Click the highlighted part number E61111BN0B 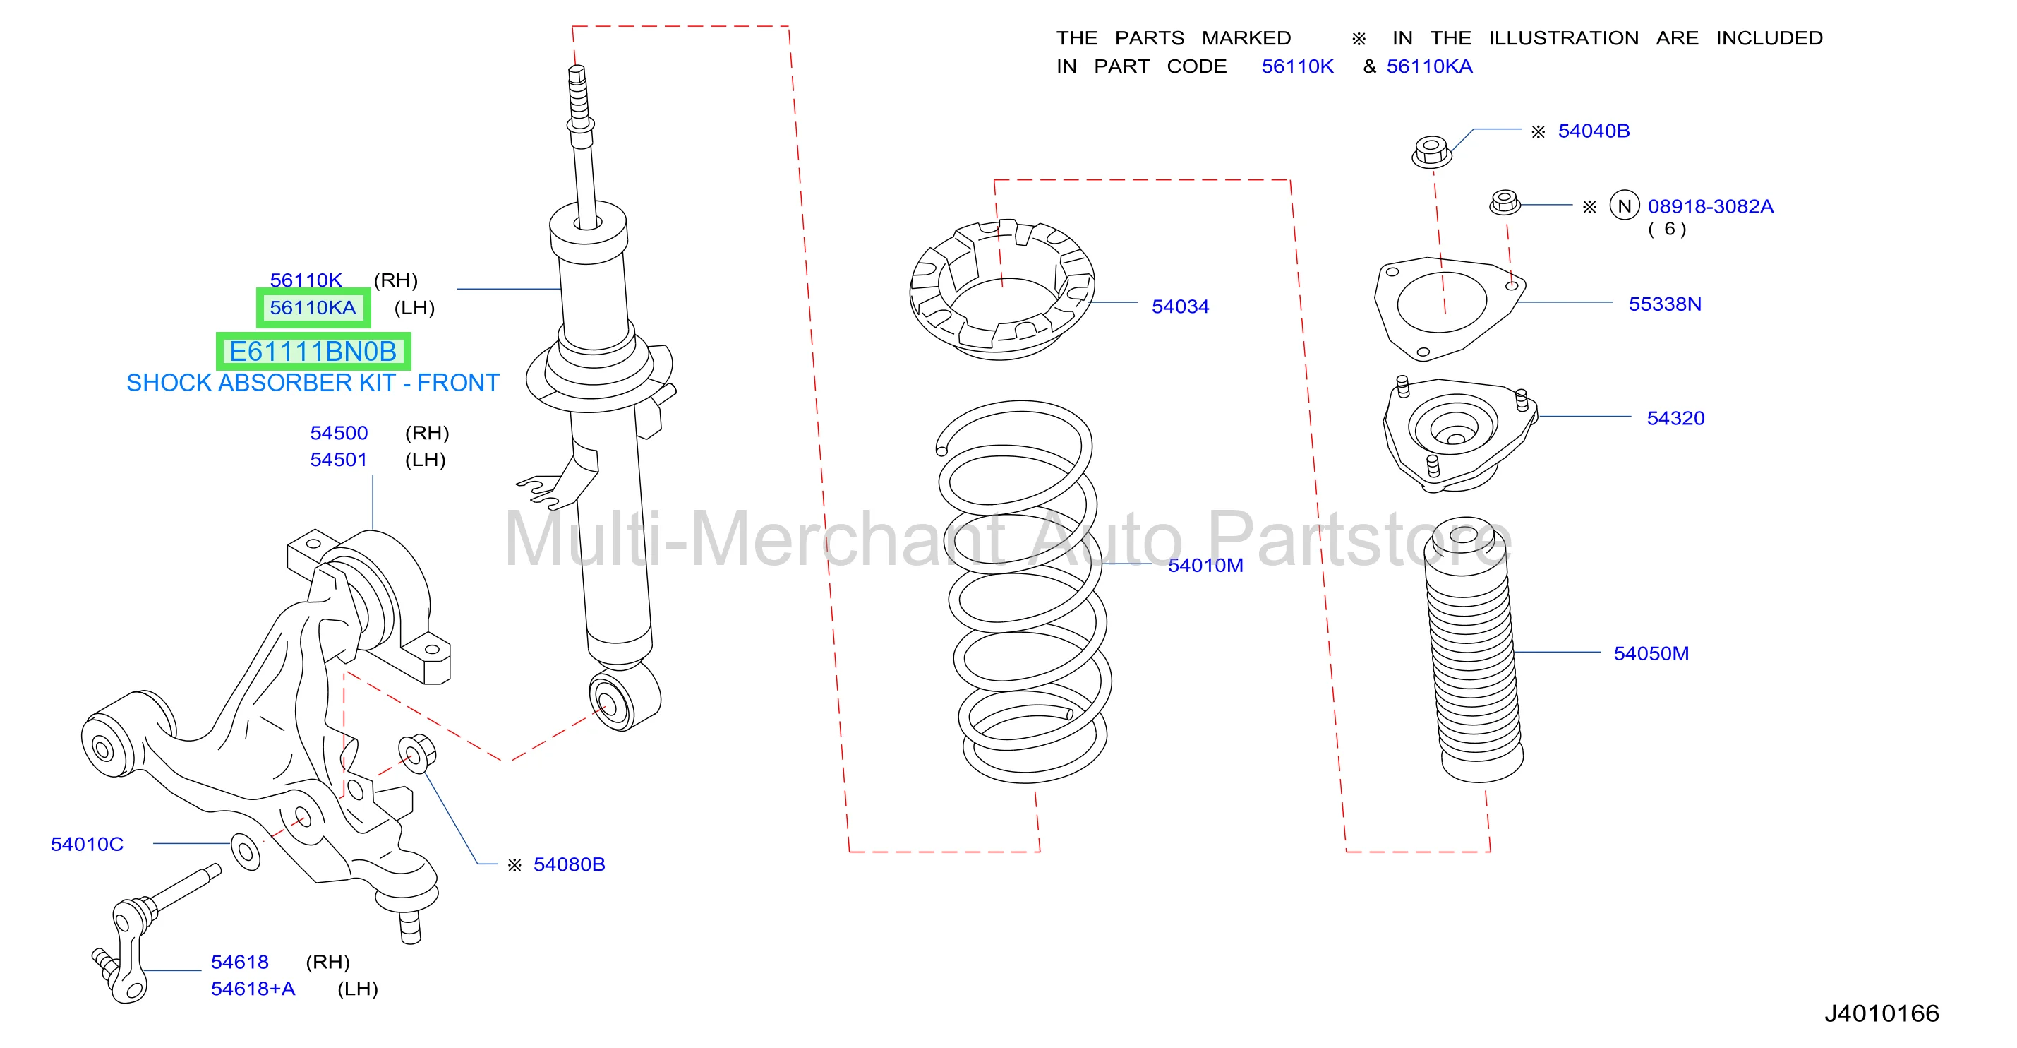313,352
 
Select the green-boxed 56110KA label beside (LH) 313,308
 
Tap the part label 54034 1180,306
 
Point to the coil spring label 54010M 1205,565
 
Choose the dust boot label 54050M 1651,653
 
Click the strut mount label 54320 1675,417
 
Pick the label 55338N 1665,304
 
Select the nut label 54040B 1594,131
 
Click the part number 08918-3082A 1710,206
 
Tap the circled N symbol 1624,206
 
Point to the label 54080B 570,864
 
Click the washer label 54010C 87,844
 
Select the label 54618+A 253,989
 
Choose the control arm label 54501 338,459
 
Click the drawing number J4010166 1881,1013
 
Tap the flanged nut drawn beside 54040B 1431,151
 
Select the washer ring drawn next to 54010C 246,852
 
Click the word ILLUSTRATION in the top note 1564,37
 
